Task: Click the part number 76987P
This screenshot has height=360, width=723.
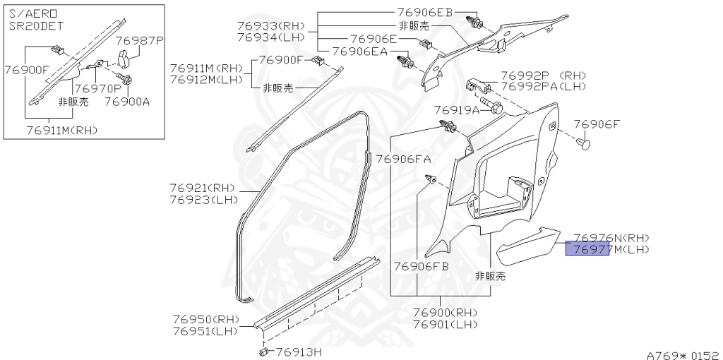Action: [x=138, y=41]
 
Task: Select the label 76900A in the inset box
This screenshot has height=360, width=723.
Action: [x=127, y=101]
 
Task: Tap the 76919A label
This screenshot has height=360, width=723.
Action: [x=456, y=110]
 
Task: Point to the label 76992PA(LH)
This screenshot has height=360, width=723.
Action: [x=544, y=86]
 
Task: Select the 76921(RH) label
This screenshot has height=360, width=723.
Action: [x=201, y=188]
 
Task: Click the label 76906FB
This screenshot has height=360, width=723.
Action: [x=421, y=266]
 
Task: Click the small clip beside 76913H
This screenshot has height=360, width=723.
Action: [x=263, y=351]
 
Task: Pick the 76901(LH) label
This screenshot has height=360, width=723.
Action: [x=445, y=324]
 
